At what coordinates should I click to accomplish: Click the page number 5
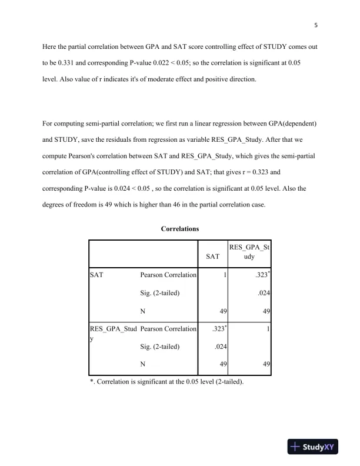316,25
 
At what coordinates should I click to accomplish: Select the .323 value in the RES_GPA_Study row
219,329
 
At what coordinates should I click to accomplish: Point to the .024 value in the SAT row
263,292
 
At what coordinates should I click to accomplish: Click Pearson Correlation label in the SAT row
168,275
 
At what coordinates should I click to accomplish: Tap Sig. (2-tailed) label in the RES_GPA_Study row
159,347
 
